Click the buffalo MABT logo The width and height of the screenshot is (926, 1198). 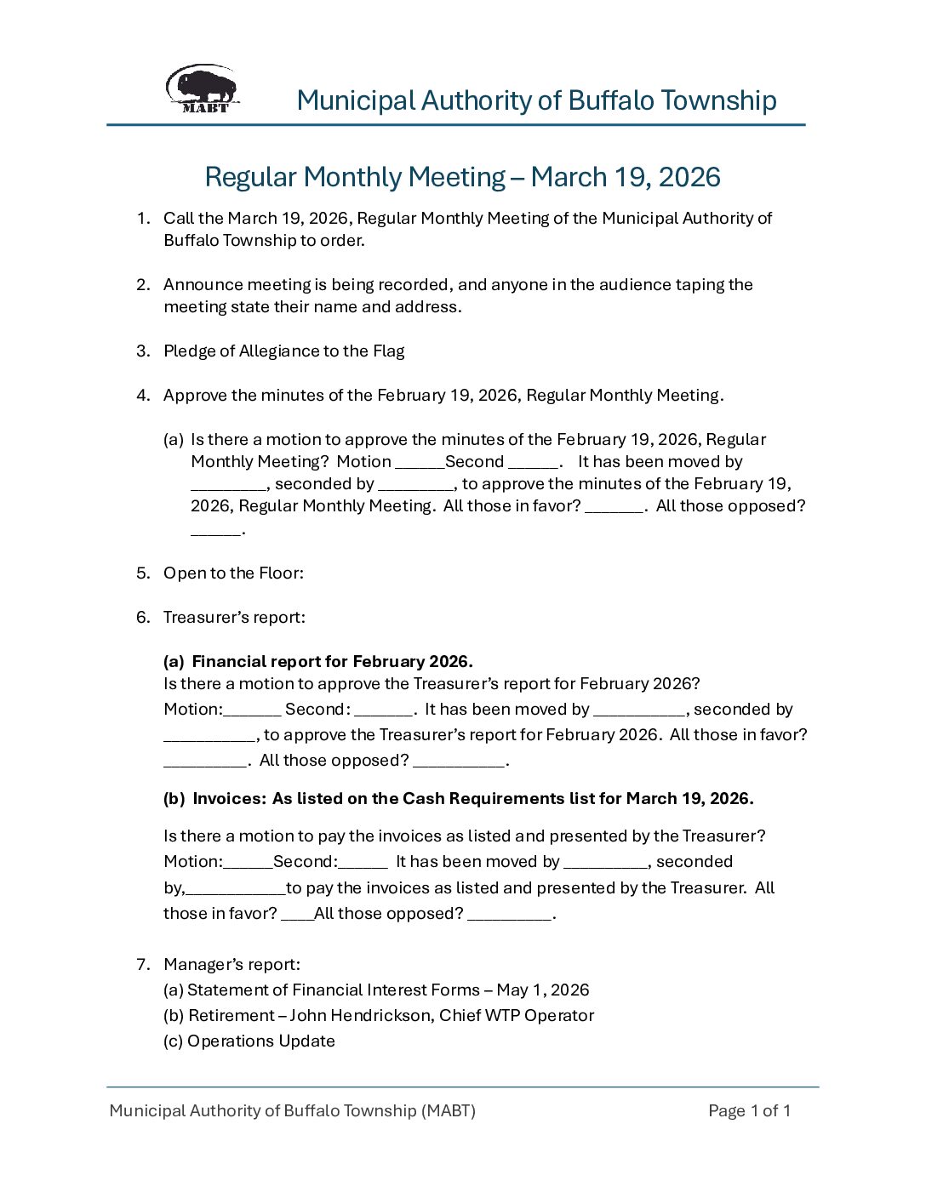[x=203, y=88]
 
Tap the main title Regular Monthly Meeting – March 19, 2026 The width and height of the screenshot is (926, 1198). [x=462, y=177]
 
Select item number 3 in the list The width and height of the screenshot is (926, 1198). [x=143, y=351]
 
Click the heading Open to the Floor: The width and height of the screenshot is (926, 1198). [x=233, y=573]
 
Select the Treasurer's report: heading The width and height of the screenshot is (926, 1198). [x=234, y=618]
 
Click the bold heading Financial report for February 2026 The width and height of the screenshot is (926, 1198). [x=332, y=662]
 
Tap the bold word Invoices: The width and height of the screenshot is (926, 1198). [x=230, y=799]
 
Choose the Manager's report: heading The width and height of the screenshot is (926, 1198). [x=231, y=965]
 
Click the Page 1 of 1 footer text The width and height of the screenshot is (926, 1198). [x=749, y=1111]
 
